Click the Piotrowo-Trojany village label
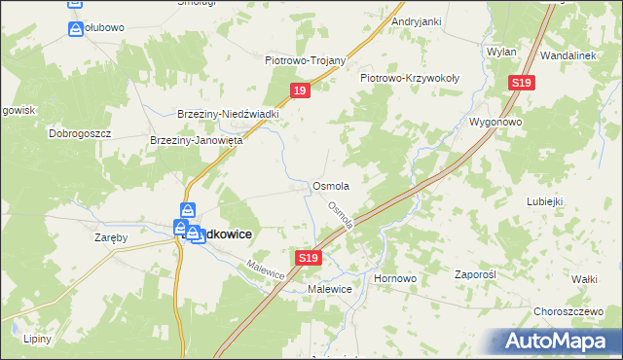click(x=306, y=60)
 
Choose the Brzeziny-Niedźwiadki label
click(x=228, y=113)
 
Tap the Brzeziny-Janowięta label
click(x=196, y=140)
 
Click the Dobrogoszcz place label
click(x=81, y=132)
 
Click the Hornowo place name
click(x=395, y=277)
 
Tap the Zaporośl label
click(x=476, y=275)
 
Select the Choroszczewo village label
click(x=569, y=311)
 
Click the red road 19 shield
click(x=301, y=90)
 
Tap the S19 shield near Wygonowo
click(x=521, y=84)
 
